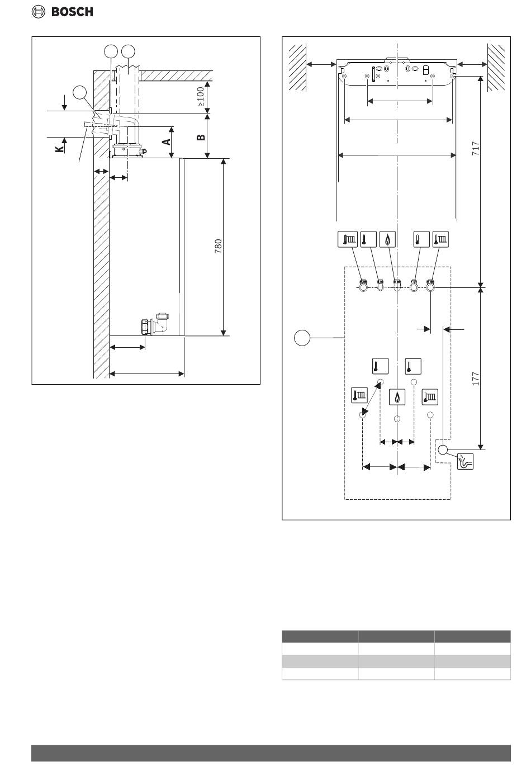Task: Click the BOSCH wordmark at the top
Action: click(x=72, y=12)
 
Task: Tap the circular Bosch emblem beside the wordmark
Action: click(x=38, y=12)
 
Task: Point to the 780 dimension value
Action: click(x=218, y=246)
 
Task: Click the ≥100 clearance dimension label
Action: click(x=201, y=97)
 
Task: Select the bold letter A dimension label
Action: click(x=167, y=141)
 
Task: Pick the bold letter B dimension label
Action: click(x=201, y=138)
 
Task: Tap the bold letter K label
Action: click(x=59, y=149)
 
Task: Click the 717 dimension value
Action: click(x=476, y=149)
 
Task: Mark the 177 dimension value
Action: click(x=476, y=379)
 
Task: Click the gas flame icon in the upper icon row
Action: click(x=387, y=239)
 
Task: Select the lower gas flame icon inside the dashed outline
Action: click(x=397, y=397)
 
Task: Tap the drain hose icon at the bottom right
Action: click(x=466, y=461)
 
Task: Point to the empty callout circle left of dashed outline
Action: click(x=302, y=338)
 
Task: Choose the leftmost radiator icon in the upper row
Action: click(x=348, y=239)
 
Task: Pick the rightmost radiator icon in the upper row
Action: click(x=440, y=239)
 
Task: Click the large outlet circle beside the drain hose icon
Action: click(x=443, y=450)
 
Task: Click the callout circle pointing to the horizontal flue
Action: click(x=80, y=92)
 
